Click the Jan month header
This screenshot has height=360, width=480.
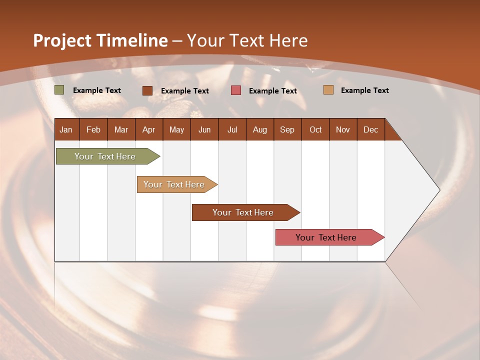tap(66, 129)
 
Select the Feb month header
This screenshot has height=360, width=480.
tap(93, 129)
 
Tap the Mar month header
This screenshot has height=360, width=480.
tap(121, 129)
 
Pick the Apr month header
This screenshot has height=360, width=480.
tap(149, 129)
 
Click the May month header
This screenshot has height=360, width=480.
tap(176, 129)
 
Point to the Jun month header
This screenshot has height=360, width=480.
tap(204, 129)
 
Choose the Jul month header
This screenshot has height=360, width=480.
tap(232, 129)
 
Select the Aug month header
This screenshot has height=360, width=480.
tap(260, 129)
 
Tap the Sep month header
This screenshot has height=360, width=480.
tap(287, 129)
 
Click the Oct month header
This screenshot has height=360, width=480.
tap(315, 129)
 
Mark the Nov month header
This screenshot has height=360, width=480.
tap(343, 129)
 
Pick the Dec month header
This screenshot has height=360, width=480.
tap(371, 129)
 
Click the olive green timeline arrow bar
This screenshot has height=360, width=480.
tap(105, 156)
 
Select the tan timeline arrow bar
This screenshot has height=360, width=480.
tap(174, 184)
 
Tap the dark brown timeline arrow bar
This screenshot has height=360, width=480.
tap(243, 212)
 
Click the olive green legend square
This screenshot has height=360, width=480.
tap(59, 90)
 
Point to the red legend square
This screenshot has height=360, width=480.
tap(236, 90)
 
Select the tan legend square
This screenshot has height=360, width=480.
tap(328, 90)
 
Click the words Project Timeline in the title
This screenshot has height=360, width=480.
tap(100, 40)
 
